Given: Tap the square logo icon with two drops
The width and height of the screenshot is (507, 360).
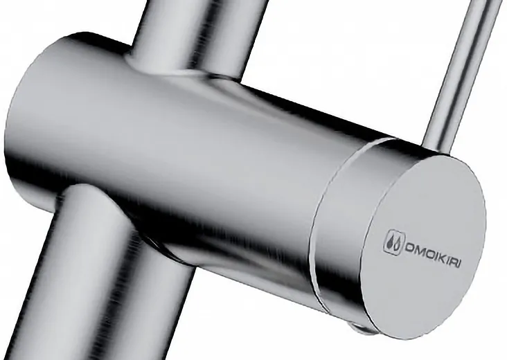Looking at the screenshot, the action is pyautogui.click(x=394, y=242).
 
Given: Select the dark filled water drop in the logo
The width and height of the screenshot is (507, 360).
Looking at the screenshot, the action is pyautogui.click(x=391, y=243).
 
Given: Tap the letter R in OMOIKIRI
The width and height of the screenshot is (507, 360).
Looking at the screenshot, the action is pyautogui.click(x=454, y=260).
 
